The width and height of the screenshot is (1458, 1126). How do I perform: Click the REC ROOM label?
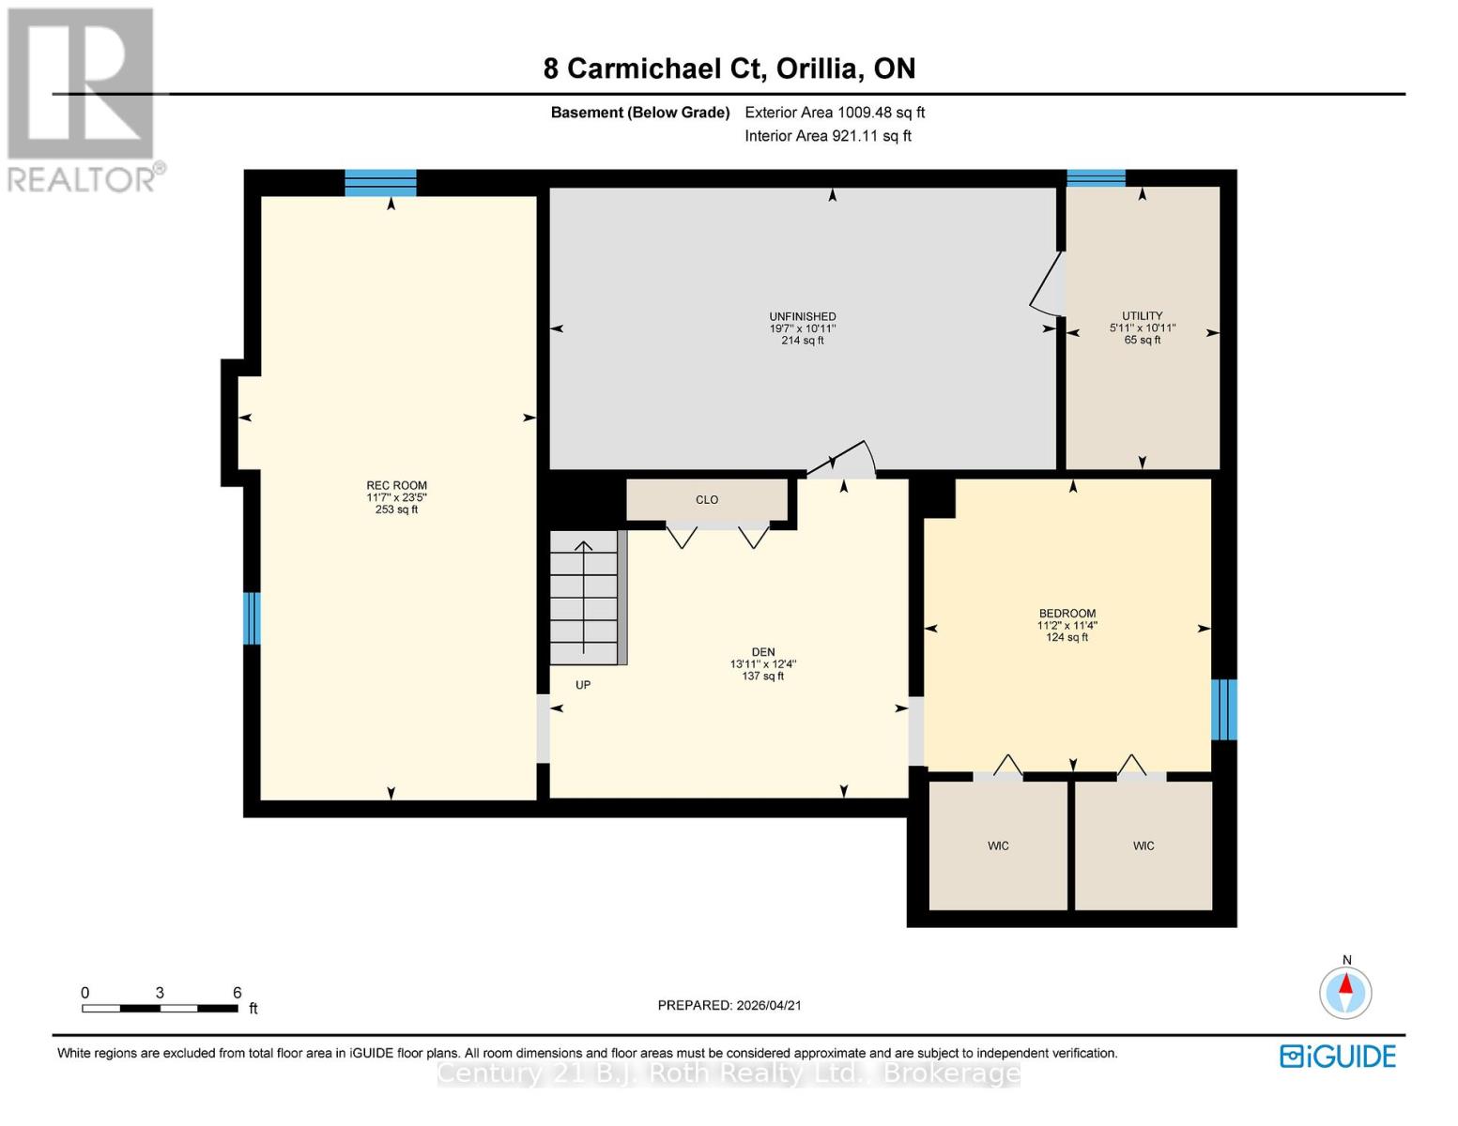coord(396,486)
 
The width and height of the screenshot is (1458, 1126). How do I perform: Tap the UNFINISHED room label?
coord(802,317)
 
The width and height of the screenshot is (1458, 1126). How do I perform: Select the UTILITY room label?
coord(1142,316)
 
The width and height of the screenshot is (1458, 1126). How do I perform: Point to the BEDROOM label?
coord(1067,614)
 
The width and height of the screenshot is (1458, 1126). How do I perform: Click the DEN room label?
coord(762,652)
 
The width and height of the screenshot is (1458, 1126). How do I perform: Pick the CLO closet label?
coord(707,500)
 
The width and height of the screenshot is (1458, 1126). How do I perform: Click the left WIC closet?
coord(998,845)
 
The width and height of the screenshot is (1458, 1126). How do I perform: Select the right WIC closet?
coord(1143,845)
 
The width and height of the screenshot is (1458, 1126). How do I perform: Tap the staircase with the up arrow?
coord(584,598)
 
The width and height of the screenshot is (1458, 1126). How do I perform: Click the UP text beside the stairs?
coord(583,685)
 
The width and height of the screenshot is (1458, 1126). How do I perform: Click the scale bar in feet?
coord(160,1008)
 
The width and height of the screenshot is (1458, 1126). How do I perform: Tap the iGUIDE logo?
coord(1337,1056)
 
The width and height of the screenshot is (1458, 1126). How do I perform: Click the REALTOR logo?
coord(82,99)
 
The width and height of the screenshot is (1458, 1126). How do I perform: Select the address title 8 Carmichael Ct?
coord(729,68)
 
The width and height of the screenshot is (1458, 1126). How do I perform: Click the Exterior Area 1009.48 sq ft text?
coord(835,113)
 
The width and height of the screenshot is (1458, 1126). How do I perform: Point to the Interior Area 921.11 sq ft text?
coord(827,136)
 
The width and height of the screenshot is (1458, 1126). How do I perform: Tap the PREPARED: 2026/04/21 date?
coord(729,1005)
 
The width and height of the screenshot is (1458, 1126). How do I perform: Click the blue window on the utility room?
coord(1096,178)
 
